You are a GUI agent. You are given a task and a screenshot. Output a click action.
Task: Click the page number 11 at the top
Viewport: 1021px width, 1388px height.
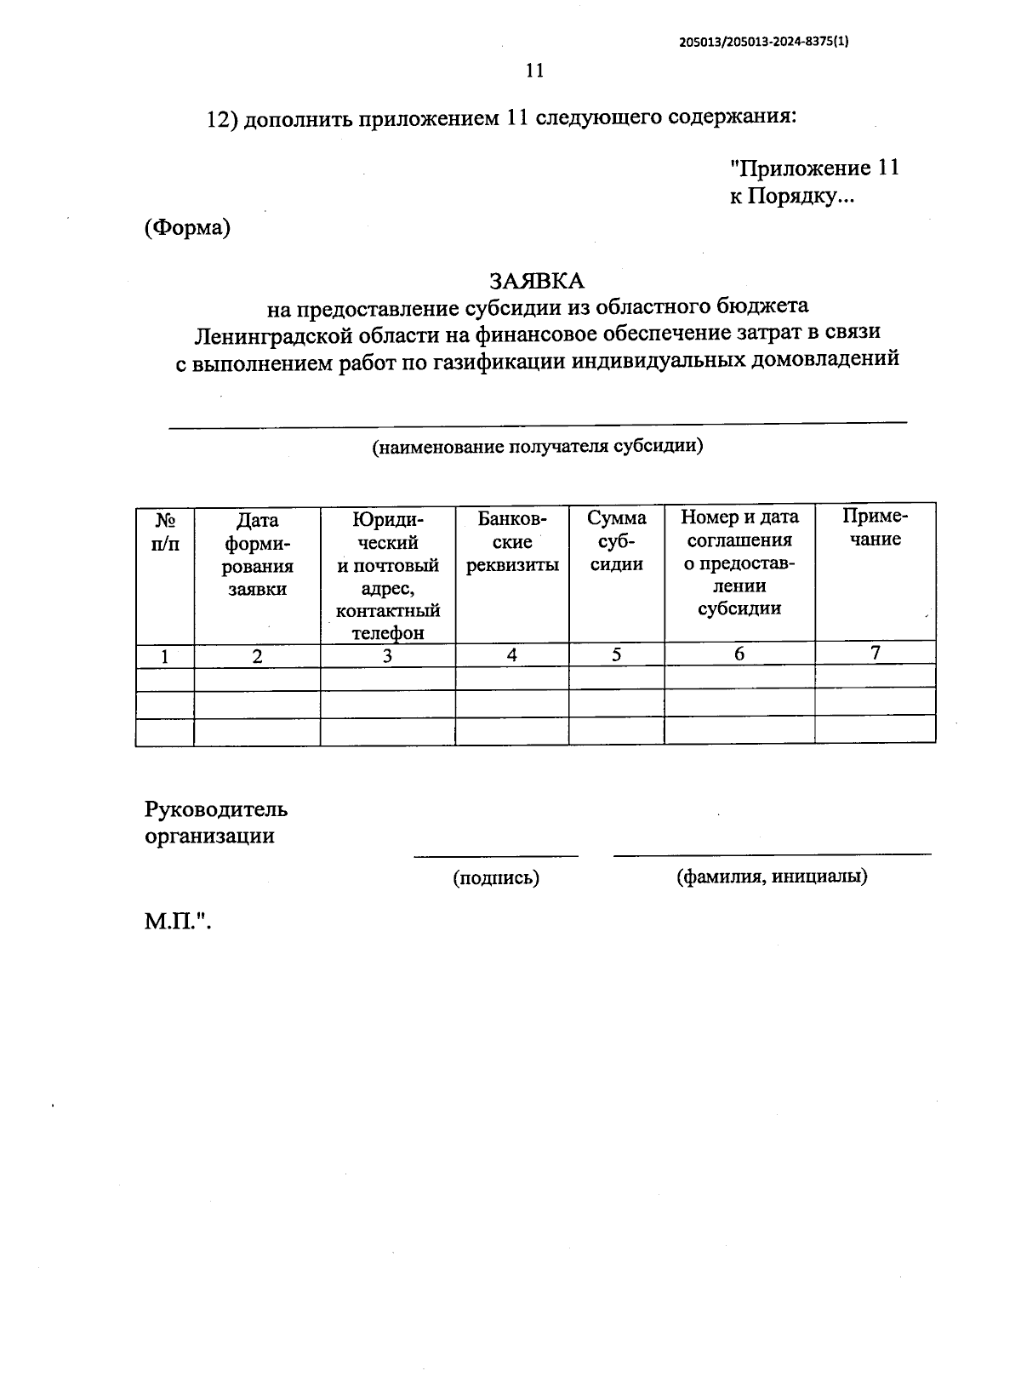coord(534,71)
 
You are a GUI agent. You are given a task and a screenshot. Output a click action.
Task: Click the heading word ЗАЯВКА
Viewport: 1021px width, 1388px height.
coord(536,281)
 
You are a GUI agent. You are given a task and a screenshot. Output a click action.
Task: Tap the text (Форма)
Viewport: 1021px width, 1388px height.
coord(188,228)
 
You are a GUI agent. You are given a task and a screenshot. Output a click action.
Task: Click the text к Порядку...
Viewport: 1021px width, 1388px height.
coord(791,197)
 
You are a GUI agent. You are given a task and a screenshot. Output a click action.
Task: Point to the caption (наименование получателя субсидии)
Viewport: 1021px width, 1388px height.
coord(537,446)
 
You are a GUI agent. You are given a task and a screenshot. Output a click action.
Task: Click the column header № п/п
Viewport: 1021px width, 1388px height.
coord(166,532)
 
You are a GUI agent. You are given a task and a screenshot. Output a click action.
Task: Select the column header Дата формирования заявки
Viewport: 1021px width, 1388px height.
coord(257,554)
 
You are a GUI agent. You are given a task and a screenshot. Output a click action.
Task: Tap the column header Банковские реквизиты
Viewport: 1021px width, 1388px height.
coord(512,541)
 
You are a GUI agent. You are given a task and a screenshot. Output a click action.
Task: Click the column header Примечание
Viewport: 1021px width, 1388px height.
coord(875,528)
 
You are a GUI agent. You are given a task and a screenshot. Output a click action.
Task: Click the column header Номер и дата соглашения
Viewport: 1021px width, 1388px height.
coord(739,563)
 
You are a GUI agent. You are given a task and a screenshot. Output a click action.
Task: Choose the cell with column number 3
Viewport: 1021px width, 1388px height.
coord(388,656)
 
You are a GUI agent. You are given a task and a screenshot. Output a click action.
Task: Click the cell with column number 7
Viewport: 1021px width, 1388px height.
coord(875,653)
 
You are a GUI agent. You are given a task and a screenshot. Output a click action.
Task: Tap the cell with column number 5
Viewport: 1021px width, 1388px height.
coord(616,654)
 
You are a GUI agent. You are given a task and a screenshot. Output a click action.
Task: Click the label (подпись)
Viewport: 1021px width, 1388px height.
coord(496,878)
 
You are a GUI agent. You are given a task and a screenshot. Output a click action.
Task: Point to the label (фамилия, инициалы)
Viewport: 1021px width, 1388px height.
coord(772,877)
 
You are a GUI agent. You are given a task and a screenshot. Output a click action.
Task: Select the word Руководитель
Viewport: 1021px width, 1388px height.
coord(216,809)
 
